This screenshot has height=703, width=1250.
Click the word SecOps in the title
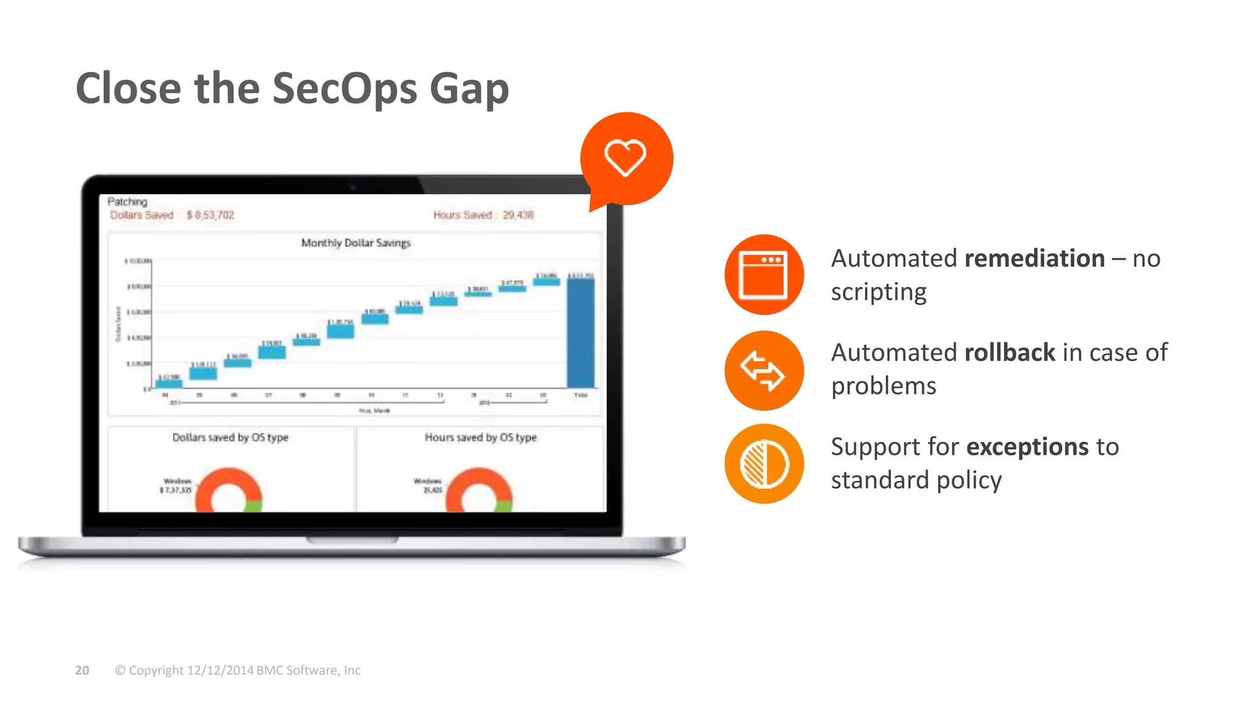point(345,88)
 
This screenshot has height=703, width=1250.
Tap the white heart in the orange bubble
point(625,157)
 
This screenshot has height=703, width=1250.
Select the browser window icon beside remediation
point(764,275)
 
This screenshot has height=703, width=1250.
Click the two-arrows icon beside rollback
point(764,370)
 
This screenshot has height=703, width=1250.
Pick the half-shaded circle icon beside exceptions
point(764,464)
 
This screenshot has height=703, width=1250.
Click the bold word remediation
point(1035,259)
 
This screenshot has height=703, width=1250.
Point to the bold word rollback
point(1010,353)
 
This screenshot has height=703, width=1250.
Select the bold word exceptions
point(1027,447)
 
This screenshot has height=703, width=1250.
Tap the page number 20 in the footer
point(82,670)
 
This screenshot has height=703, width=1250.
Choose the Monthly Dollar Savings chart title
point(356,243)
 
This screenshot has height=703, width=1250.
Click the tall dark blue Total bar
point(580,333)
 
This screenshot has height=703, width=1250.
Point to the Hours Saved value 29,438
point(518,215)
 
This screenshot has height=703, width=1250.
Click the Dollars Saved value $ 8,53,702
point(211,215)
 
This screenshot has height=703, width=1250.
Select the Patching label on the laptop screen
point(128,201)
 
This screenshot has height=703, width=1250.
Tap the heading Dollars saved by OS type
point(230,438)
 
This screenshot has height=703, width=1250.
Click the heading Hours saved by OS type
point(481,438)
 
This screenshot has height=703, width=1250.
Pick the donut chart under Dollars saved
point(228,492)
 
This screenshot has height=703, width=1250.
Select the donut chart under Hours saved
point(479,492)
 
